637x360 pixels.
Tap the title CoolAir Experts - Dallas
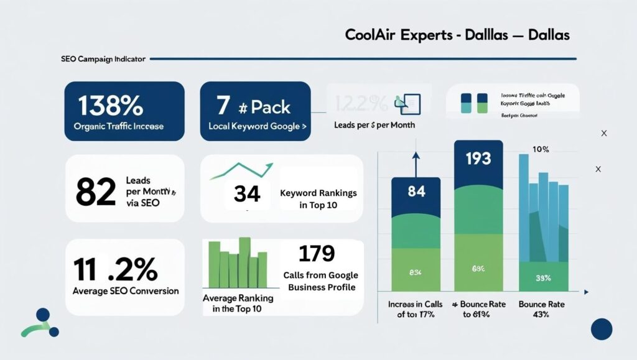(457, 35)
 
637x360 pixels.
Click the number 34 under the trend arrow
(246, 194)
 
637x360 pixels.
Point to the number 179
(317, 253)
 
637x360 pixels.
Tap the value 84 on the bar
(416, 192)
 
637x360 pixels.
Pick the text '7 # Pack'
(254, 106)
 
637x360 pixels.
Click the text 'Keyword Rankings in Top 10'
(318, 198)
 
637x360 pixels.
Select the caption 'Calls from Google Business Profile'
(320, 281)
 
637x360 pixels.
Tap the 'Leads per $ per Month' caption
(374, 125)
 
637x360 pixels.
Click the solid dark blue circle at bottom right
(602, 329)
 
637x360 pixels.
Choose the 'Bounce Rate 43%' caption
(542, 309)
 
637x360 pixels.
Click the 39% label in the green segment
(542, 278)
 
